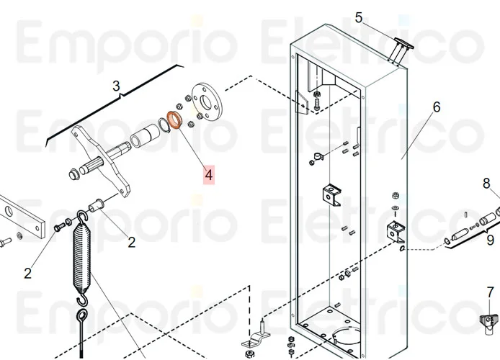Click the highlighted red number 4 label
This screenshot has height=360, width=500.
[209, 174]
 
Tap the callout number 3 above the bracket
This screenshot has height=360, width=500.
[117, 86]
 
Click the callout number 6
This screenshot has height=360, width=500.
[436, 108]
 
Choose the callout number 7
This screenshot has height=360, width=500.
[490, 292]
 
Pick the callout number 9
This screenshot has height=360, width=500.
[490, 240]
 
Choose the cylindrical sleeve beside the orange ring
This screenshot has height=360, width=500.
[147, 135]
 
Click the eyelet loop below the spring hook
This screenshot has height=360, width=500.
[82, 317]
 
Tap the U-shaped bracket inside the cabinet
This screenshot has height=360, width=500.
[331, 194]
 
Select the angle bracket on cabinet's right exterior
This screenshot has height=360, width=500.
[395, 231]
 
